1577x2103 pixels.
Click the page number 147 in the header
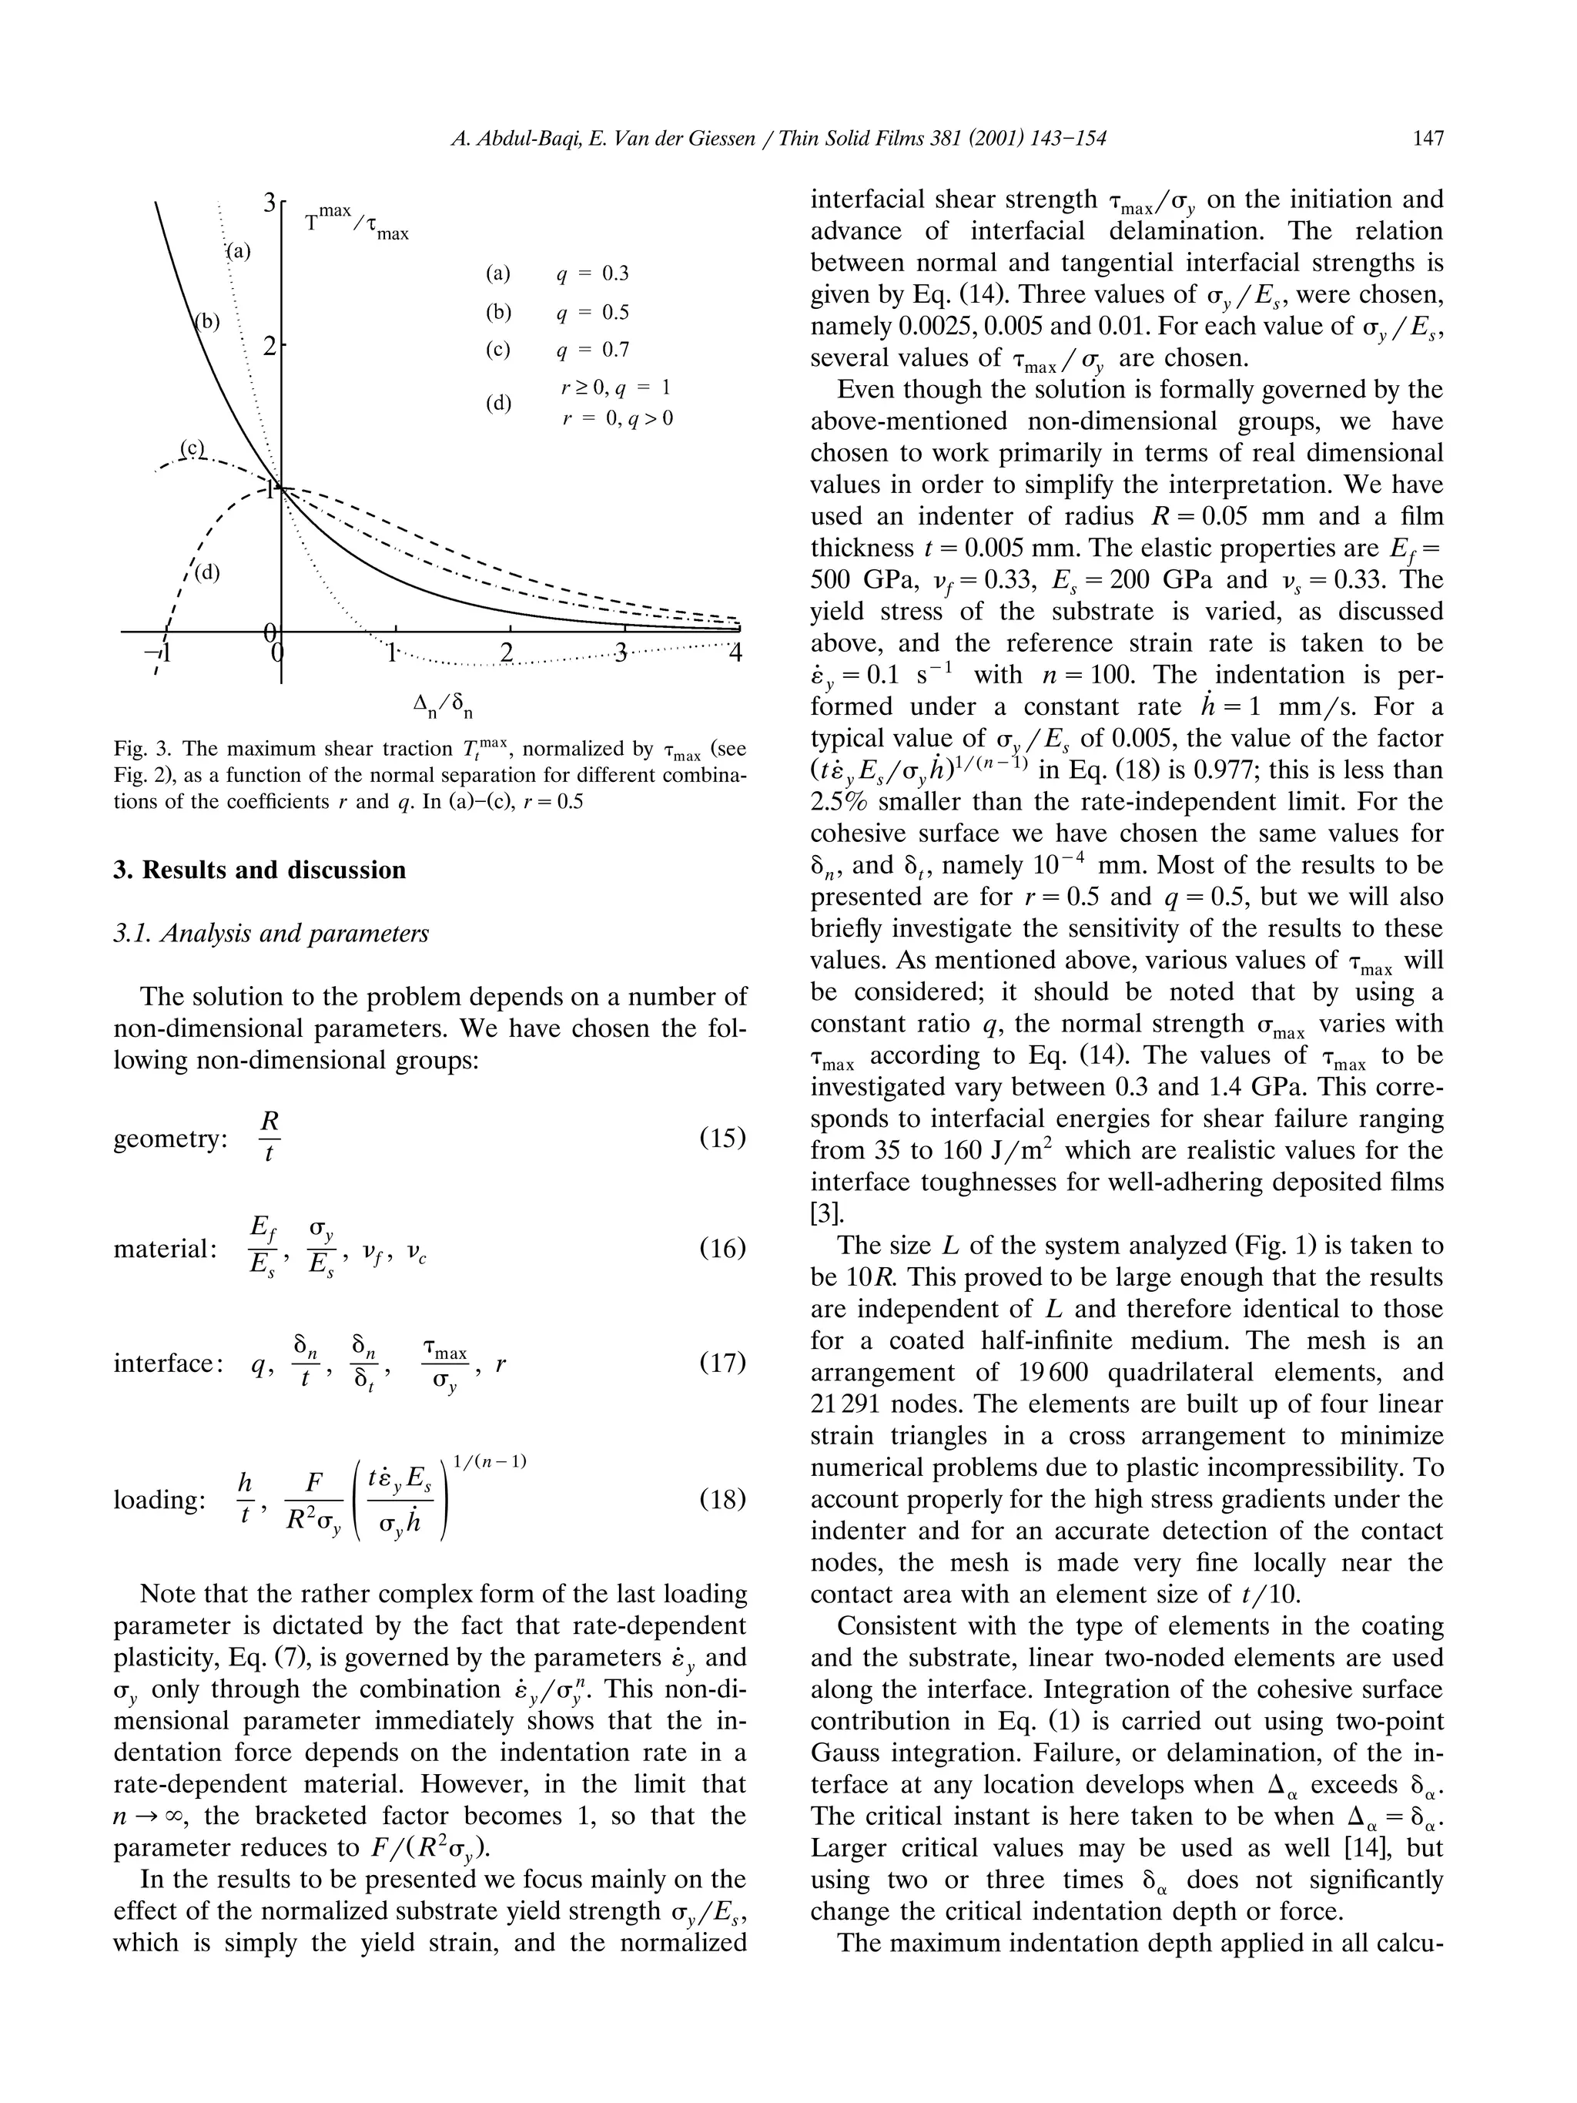(x=1428, y=139)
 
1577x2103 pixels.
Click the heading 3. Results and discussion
(x=259, y=870)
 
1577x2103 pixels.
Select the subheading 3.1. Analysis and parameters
(x=271, y=934)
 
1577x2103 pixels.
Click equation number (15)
(x=722, y=1137)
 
